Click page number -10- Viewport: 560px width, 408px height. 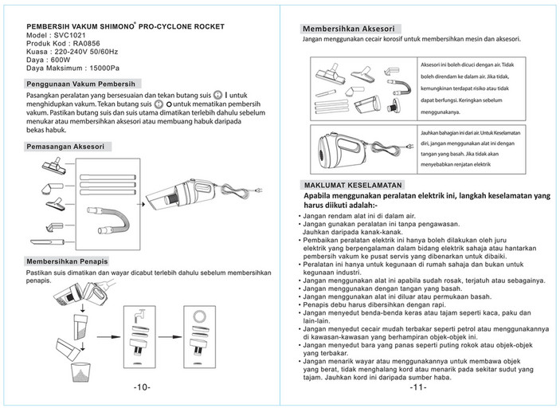140,388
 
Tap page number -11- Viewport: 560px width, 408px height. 419,388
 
